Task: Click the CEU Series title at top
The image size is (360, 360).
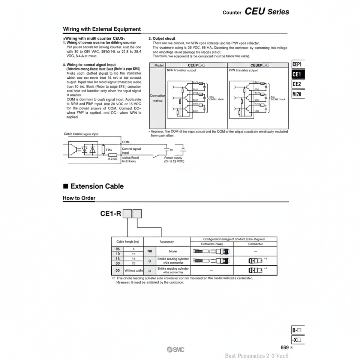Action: (267, 12)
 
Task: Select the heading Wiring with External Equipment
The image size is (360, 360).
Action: (102, 29)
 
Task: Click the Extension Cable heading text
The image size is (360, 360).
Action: (97, 186)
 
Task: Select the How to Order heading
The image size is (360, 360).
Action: (79, 198)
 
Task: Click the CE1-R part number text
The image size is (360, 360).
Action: (111, 214)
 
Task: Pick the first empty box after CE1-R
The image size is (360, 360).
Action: (127, 214)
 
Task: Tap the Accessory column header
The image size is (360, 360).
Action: (167, 242)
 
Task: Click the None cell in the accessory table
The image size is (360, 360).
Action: (172, 252)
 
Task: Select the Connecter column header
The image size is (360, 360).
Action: (255, 244)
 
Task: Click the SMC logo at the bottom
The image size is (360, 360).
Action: (175, 350)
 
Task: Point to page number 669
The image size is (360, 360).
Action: (284, 348)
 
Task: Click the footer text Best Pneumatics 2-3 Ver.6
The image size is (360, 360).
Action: (259, 356)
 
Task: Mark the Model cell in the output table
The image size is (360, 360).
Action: (157, 65)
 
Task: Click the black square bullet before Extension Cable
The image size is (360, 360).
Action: (66, 186)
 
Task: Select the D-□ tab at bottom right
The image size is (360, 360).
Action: (298, 330)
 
